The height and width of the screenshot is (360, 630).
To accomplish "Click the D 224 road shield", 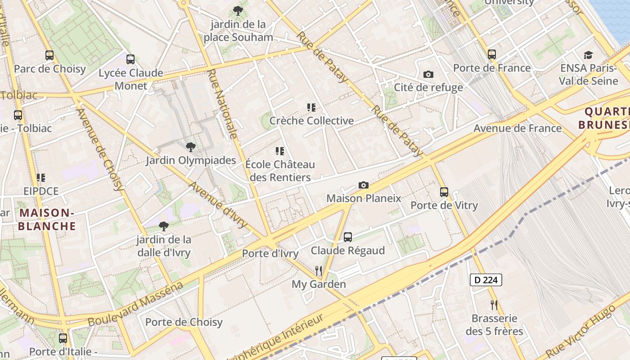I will click(486, 280).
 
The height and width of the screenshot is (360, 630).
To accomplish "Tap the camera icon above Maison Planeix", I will click(364, 185).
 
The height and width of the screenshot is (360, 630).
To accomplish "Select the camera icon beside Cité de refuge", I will click(428, 74).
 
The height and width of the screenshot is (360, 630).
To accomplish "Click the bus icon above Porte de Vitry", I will click(444, 192).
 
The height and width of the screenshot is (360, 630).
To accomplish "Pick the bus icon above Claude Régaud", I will click(348, 237).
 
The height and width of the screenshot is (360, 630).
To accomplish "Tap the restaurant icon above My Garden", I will click(319, 270).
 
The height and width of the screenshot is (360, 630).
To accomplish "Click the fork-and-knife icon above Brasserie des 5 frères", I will click(494, 305).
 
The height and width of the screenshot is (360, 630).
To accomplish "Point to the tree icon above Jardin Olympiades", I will click(191, 147).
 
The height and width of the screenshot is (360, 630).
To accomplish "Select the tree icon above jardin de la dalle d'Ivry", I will click(164, 226).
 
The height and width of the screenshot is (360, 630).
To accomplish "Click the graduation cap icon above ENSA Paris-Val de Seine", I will click(588, 55).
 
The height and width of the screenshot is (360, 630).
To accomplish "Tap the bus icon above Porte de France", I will click(492, 54).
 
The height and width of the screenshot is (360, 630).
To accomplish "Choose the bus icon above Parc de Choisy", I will click(49, 55).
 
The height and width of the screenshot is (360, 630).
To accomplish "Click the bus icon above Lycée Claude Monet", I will click(130, 59).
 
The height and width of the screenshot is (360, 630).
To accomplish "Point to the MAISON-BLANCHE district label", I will click(47, 219).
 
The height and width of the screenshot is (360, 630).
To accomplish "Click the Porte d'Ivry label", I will click(270, 254).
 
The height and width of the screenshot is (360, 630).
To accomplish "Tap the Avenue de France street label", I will click(517, 128).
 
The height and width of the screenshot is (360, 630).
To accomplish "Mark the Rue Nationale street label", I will click(223, 103).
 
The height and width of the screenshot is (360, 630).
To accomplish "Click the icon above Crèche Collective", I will click(311, 108).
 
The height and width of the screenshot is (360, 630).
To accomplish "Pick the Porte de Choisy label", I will click(184, 322).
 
